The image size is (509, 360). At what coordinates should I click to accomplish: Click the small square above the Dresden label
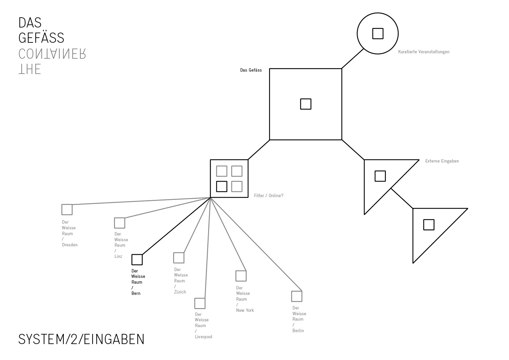[x=67, y=210]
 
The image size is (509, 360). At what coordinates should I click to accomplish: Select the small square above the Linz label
[x=119, y=223]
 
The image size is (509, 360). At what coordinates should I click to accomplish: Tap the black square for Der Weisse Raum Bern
[x=137, y=260]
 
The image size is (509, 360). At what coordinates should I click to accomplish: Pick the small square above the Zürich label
[x=179, y=258]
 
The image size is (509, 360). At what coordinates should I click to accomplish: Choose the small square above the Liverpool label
[x=200, y=303]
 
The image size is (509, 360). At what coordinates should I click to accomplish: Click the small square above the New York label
[x=241, y=276]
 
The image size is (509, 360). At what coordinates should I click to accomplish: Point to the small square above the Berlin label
[x=297, y=296]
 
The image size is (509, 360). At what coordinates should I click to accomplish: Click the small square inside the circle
[x=378, y=34]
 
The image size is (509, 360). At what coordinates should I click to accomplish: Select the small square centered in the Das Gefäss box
[x=306, y=104]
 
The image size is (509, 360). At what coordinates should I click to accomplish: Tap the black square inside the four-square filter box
[x=222, y=187]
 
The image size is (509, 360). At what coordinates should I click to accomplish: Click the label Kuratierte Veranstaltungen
[x=424, y=52]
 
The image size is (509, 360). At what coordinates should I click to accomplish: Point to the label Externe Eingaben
[x=442, y=161]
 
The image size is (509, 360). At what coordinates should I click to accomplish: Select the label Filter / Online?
[x=268, y=196]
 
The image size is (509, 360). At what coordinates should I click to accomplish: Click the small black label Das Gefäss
[x=251, y=70]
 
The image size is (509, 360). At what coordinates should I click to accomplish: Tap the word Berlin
[x=298, y=331]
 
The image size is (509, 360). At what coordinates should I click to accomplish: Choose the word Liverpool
[x=204, y=337]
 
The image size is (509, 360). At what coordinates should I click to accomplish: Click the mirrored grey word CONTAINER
[x=52, y=54]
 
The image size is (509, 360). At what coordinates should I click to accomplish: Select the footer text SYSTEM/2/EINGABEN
[x=81, y=339]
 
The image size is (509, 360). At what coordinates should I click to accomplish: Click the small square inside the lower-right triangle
[x=429, y=225]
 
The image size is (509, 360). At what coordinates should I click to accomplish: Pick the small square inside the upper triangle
[x=380, y=176]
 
